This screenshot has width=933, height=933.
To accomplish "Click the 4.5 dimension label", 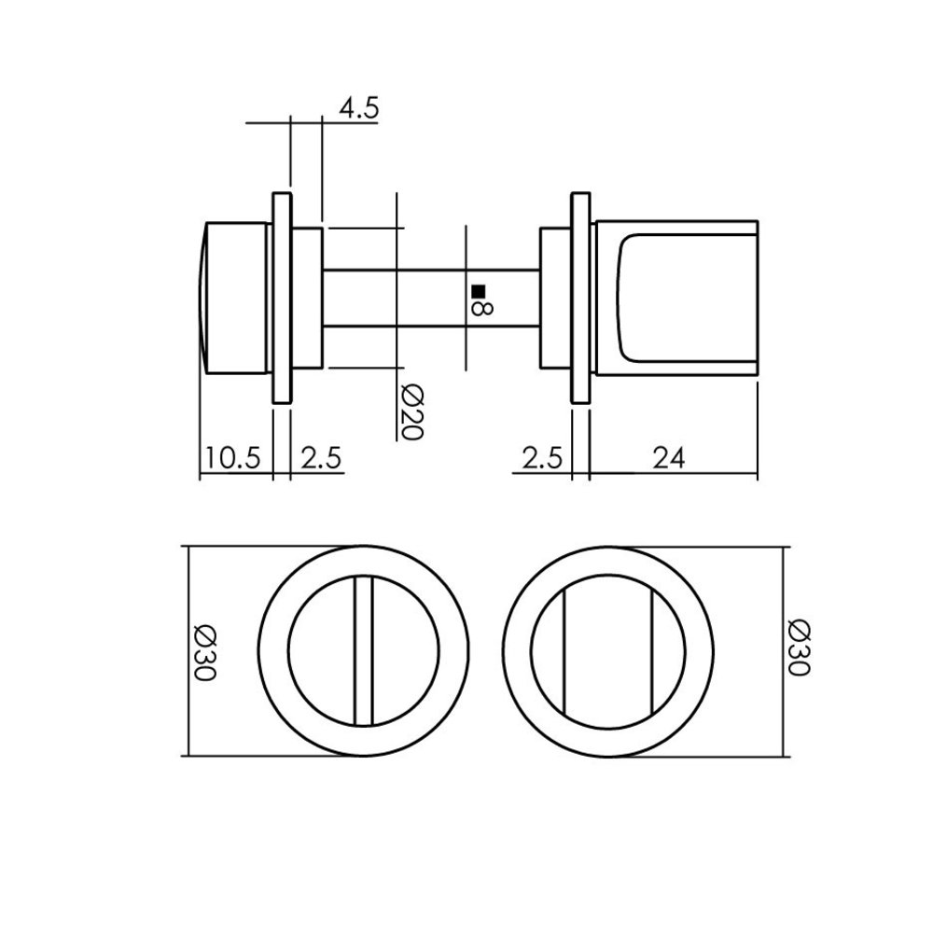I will (x=358, y=109).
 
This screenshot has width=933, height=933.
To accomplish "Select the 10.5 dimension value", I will (x=234, y=458).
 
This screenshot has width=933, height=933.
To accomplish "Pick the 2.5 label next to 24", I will (x=542, y=458).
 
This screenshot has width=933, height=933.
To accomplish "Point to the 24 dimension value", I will (x=670, y=458).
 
